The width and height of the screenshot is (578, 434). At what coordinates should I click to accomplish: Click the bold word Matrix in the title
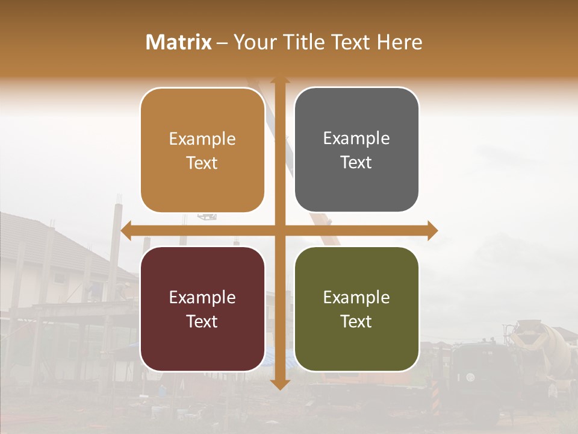click(179, 42)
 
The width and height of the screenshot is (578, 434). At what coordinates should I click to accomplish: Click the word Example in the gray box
click(356, 139)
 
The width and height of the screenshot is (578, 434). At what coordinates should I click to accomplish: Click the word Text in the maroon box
click(202, 321)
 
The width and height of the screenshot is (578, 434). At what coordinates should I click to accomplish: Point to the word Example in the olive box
click(356, 297)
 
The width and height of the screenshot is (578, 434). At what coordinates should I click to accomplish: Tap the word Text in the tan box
click(202, 163)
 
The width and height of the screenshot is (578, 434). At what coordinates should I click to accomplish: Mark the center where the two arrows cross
click(279, 230)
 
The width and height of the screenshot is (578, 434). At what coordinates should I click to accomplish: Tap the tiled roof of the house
click(36, 238)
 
